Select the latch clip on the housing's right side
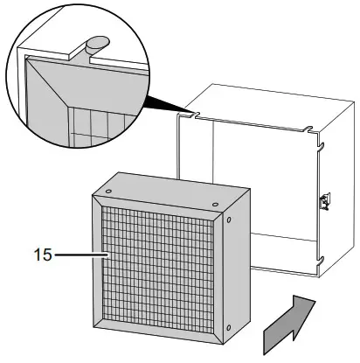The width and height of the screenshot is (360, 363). pos(325,200)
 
